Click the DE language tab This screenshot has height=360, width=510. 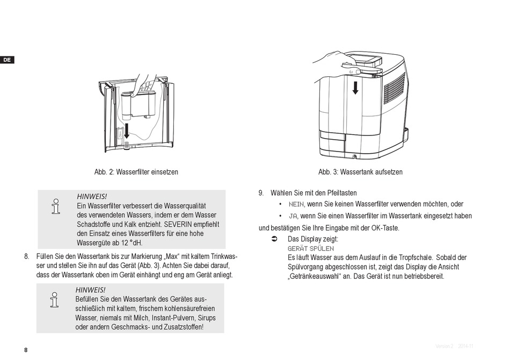(x=7, y=60)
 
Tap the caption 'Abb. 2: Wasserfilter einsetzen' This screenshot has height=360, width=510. (x=136, y=172)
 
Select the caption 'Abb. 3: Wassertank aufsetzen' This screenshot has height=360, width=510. (x=360, y=172)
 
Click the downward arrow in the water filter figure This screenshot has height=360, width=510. (x=126, y=131)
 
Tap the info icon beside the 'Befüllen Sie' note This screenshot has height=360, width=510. (x=54, y=300)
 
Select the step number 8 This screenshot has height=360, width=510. (x=26, y=256)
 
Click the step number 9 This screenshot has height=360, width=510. (x=261, y=192)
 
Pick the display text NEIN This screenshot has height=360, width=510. (x=296, y=204)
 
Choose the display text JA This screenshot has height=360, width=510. (x=293, y=216)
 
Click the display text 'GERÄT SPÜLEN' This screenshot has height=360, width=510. (x=310, y=248)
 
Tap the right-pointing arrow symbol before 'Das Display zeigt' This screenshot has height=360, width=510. (x=274, y=239)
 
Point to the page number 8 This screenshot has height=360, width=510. (x=26, y=350)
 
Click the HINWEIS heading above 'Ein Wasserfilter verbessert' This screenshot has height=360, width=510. (x=92, y=197)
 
